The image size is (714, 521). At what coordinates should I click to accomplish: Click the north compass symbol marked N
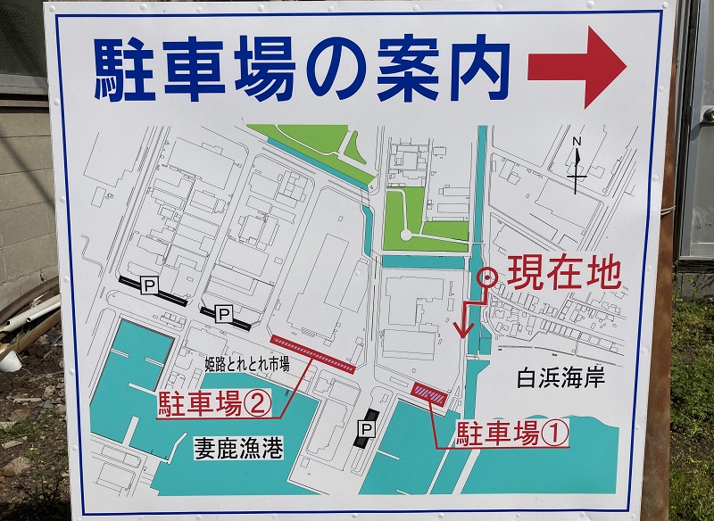coord(577,165)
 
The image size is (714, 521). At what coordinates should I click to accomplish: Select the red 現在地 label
coord(563,274)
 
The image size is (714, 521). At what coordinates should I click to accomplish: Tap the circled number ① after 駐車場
coord(554,434)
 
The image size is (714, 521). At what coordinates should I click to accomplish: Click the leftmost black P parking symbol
coord(150,285)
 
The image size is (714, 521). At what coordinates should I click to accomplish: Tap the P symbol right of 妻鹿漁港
coord(365,430)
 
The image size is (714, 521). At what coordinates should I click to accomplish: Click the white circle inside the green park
coord(406,235)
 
